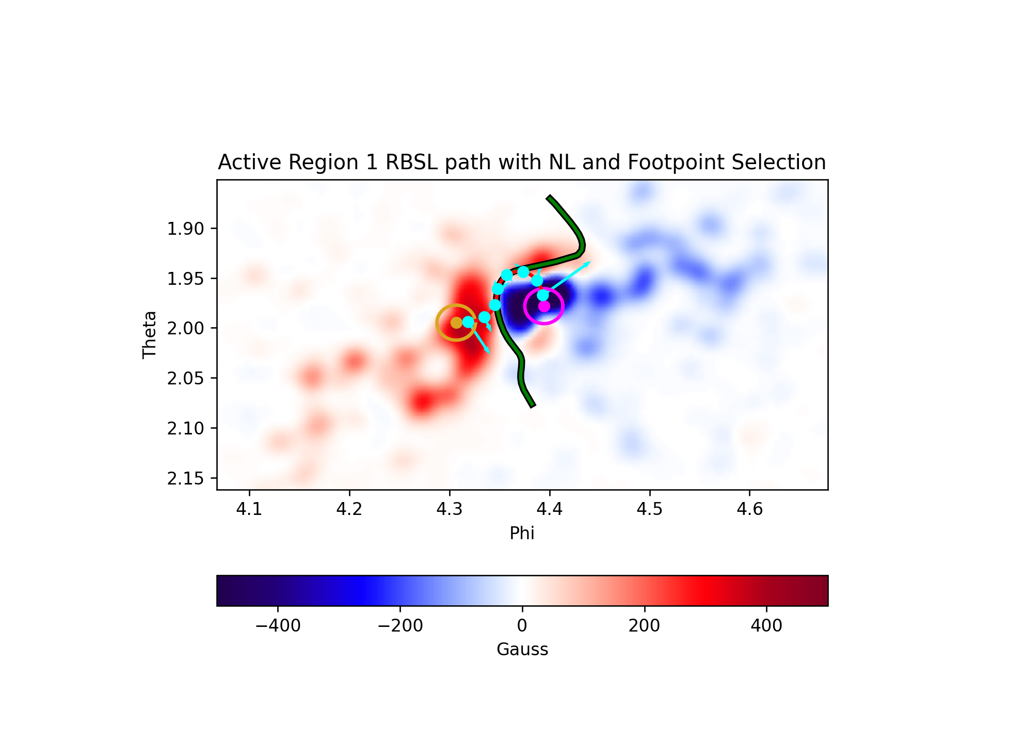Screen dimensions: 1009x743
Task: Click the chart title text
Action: [522, 163]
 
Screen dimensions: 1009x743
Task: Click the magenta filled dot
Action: [544, 306]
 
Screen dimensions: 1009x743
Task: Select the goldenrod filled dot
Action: [456, 322]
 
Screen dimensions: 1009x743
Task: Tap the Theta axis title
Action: [150, 335]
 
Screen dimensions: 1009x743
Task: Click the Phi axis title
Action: [522, 533]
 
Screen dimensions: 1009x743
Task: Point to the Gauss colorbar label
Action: [522, 649]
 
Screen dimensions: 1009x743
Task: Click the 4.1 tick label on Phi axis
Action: [249, 510]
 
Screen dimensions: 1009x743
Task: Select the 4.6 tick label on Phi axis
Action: [749, 510]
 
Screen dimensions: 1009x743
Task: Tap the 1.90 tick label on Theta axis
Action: [185, 229]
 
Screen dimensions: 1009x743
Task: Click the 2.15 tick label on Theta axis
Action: [185, 479]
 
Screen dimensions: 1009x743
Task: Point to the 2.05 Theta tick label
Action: [185, 379]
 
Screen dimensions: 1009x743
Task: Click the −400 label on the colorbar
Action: [278, 626]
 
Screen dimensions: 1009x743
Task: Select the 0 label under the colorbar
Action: [522, 626]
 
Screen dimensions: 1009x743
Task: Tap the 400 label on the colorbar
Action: [766, 626]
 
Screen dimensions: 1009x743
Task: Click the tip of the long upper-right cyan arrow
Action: [591, 262]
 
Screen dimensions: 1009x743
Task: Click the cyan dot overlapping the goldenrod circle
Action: [468, 322]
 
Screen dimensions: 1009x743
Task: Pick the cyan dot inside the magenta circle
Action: [543, 295]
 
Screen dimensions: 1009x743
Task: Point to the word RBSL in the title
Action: [409, 163]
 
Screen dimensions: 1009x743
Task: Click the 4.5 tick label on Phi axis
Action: [649, 510]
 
